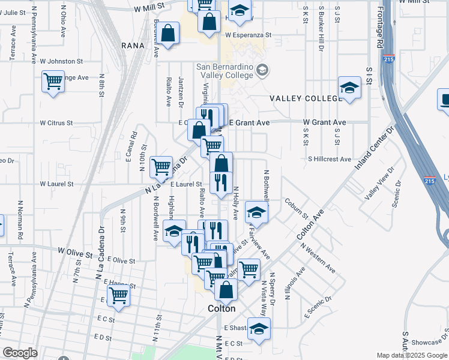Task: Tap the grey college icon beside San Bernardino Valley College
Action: pyautogui.click(x=262, y=71)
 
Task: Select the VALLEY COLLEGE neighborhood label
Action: pyautogui.click(x=305, y=98)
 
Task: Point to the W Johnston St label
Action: pyautogui.click(x=61, y=61)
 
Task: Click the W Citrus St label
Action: pyautogui.click(x=56, y=122)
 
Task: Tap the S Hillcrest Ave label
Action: pyautogui.click(x=330, y=159)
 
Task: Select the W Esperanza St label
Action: pyautogui.click(x=248, y=35)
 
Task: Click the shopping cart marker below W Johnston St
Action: pyautogui.click(x=53, y=82)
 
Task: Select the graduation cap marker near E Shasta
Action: pyautogui.click(x=259, y=329)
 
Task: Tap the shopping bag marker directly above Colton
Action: pyautogui.click(x=226, y=290)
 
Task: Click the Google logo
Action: pyautogui.click(x=20, y=353)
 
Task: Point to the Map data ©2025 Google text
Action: pyautogui.click(x=412, y=355)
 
